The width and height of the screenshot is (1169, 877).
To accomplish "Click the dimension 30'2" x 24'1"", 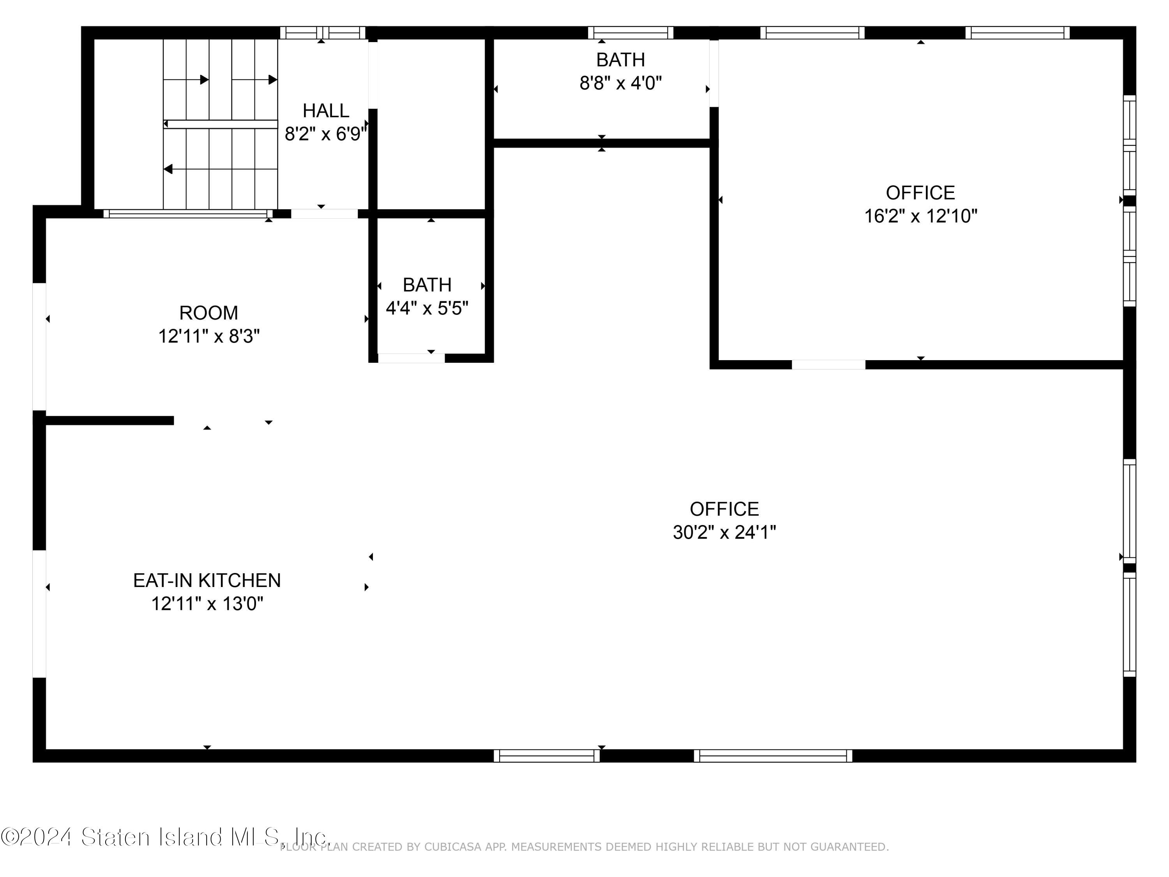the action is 724,532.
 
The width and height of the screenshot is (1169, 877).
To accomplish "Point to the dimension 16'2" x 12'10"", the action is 921,216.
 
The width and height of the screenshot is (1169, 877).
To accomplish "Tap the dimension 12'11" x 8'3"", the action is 209,336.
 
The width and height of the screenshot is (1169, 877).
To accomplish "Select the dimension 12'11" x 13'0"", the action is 207,603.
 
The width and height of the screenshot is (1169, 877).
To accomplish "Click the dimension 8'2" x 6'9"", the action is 325,134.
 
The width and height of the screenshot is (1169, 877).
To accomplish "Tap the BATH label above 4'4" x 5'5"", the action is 427,285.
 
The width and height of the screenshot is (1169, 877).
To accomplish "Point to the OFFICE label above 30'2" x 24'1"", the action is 724,509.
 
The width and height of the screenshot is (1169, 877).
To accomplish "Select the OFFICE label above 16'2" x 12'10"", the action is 921,193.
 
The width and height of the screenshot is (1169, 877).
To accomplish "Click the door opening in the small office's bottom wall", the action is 828,364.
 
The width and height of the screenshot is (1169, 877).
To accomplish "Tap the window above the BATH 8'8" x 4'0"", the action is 630,33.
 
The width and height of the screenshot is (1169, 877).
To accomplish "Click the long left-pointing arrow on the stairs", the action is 221,169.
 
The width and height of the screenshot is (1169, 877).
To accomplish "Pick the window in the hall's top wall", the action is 322,33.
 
